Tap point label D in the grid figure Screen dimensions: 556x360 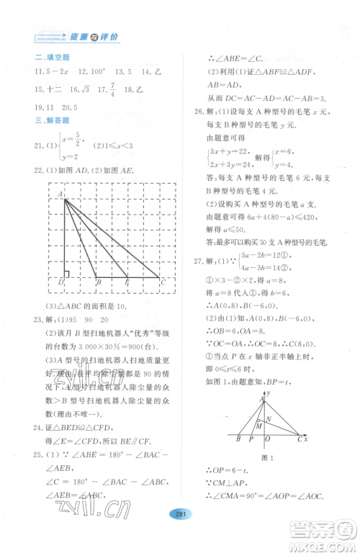coord(61,282)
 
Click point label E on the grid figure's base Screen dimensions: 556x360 coord(127,282)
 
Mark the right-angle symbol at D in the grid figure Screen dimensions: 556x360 coord(66,274)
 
